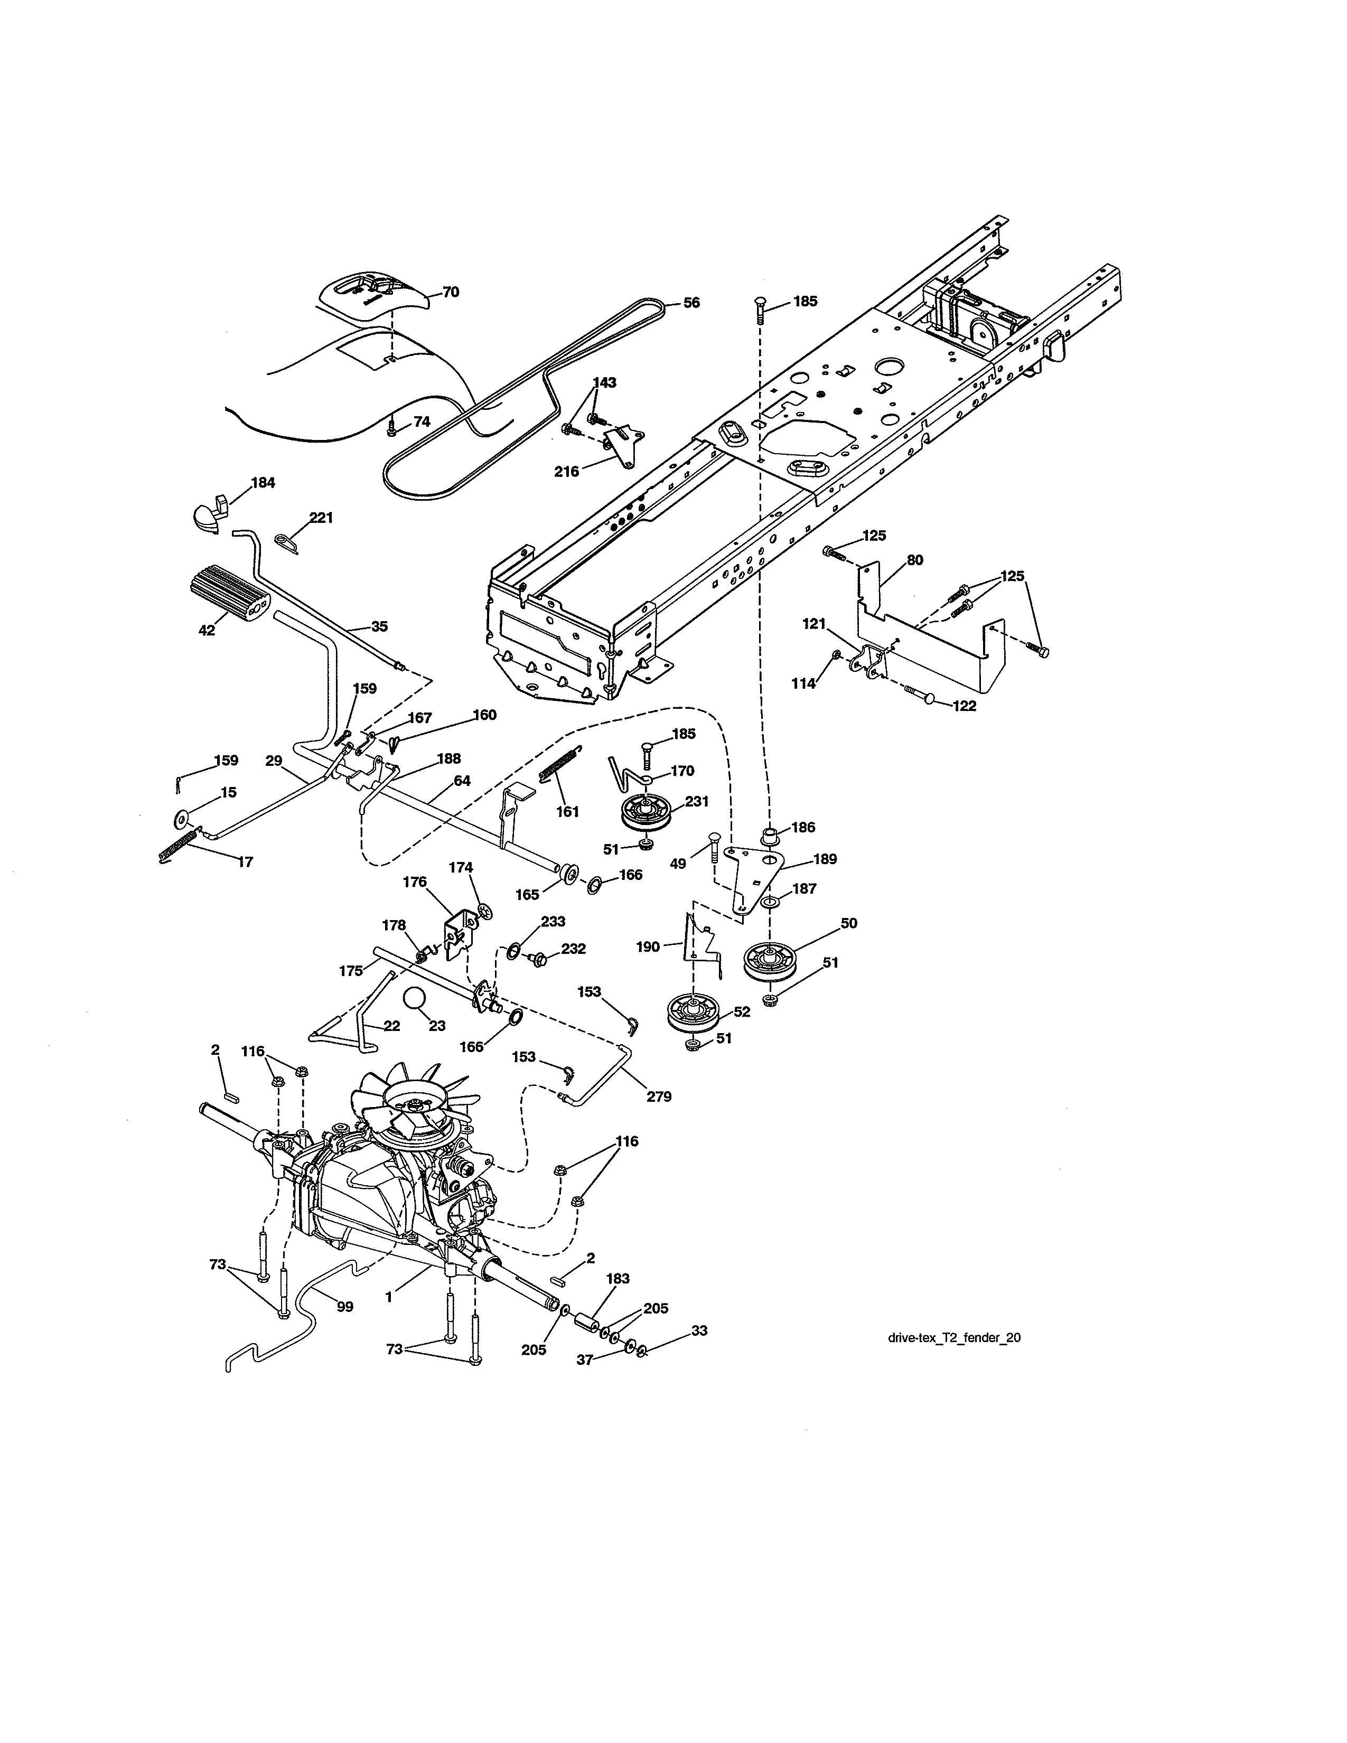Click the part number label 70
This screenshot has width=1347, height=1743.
pos(451,292)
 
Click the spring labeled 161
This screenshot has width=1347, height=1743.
pos(558,768)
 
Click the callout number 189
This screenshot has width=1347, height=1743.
pos(825,859)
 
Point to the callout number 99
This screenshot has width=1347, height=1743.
pos(345,1306)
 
